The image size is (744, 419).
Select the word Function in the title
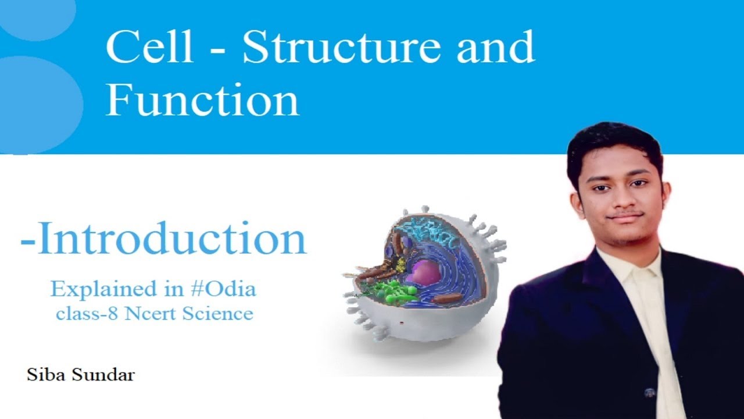[x=202, y=100]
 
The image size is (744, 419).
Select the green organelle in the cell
[x=391, y=290]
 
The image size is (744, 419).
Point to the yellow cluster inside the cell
[x=400, y=265]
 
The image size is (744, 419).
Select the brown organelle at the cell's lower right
[x=448, y=299]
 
